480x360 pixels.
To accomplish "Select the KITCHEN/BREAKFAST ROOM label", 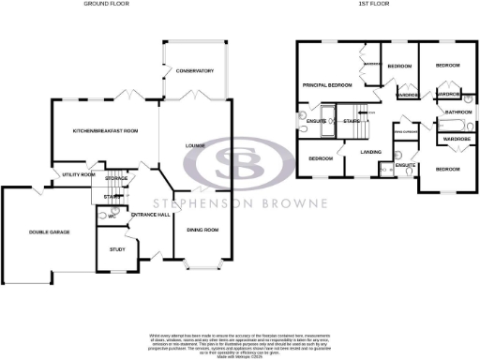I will click(x=105, y=130).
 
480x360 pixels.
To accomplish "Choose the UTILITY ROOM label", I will click(x=79, y=174).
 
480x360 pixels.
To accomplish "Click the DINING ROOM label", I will click(x=202, y=230).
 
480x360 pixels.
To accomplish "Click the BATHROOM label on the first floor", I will click(x=458, y=112).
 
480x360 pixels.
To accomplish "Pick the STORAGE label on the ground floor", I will click(x=115, y=177).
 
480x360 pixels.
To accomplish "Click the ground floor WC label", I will click(x=112, y=216).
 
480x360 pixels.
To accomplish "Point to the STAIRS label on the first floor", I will click(x=352, y=121).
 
